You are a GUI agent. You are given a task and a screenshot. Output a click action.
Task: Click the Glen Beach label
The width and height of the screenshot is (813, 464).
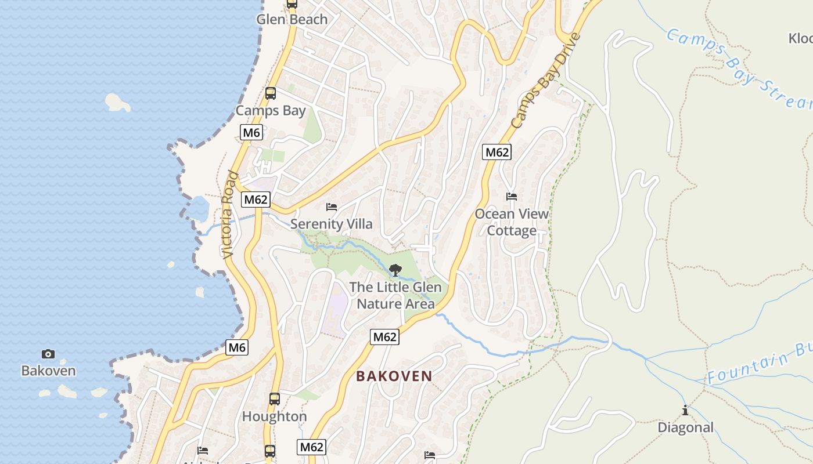click(x=292, y=19)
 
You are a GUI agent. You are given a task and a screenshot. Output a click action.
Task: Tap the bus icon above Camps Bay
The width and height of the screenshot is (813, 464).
click(x=271, y=93)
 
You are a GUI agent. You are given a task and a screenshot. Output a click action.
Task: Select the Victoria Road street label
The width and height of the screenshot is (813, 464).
click(x=230, y=215)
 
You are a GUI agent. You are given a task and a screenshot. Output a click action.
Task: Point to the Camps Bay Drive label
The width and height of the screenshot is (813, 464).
click(x=545, y=81)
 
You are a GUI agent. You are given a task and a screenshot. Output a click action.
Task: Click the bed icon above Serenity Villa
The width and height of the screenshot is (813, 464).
click(x=332, y=206)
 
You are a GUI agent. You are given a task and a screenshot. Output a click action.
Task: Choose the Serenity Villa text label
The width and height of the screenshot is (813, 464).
click(x=332, y=224)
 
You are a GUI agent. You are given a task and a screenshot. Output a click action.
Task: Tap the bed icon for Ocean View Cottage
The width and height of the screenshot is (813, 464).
click(x=512, y=197)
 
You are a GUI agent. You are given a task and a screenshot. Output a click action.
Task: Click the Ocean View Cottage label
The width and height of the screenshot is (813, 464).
click(x=512, y=222)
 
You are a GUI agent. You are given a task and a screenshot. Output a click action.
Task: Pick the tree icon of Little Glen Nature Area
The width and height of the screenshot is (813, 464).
click(x=395, y=270)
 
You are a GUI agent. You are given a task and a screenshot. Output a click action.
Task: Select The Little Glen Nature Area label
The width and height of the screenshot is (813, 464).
click(x=395, y=295)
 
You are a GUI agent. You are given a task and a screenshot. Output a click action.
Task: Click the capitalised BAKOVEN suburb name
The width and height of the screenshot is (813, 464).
click(x=394, y=376)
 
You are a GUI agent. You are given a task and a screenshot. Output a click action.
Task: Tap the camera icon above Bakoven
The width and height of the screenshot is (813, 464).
click(x=48, y=354)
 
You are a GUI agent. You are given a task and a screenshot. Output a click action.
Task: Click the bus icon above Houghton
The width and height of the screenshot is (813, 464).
click(x=275, y=399)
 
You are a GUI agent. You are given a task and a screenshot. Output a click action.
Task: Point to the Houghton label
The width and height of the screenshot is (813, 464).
click(x=275, y=416)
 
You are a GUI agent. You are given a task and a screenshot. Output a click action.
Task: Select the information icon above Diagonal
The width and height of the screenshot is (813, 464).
click(x=685, y=410)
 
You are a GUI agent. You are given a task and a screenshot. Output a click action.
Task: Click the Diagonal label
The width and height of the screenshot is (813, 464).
click(x=685, y=427)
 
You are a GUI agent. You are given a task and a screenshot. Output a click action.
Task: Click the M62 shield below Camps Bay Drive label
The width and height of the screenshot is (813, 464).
click(x=497, y=153)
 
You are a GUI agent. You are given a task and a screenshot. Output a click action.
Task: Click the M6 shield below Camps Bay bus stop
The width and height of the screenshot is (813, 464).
click(x=251, y=132)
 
